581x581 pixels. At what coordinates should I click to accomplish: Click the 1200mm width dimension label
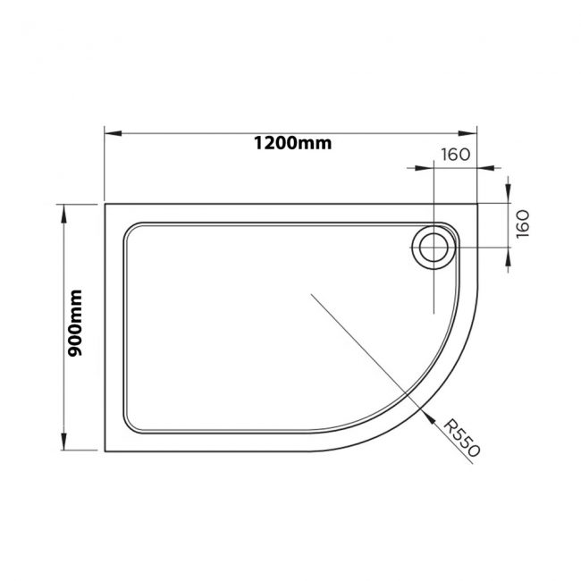[292, 144]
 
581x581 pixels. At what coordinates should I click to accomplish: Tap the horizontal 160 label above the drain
[454, 154]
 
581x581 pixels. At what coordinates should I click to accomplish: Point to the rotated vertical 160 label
[523, 221]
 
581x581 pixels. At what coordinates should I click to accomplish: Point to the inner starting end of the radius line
[311, 294]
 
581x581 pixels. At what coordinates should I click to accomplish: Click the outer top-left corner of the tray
[105, 204]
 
